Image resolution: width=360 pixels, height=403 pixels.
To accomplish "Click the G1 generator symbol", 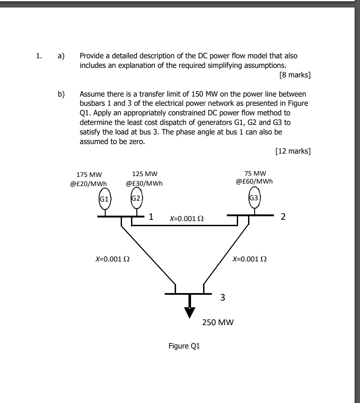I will (104, 199).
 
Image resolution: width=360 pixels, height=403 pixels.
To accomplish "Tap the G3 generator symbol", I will (254, 198).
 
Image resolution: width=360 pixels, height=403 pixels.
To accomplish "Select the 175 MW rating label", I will (89, 174).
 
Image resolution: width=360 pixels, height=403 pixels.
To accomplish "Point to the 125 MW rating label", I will (144, 174).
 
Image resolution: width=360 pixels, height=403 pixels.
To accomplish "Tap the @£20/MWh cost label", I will (89, 183).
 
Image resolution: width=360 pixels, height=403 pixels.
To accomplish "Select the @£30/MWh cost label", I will (144, 183).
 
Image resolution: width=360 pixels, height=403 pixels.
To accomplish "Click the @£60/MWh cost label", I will (255, 182).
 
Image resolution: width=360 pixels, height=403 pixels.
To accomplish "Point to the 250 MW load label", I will (218, 322).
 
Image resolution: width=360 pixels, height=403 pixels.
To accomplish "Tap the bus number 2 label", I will (283, 216).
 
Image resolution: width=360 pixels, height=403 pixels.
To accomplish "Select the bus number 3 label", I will (223, 297).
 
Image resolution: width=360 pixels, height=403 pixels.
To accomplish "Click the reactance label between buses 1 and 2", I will (187, 218).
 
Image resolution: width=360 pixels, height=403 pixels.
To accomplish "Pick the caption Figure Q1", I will (184, 346).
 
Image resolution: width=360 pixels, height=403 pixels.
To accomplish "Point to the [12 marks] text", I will (293, 151).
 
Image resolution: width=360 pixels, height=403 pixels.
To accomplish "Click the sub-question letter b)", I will (61, 94).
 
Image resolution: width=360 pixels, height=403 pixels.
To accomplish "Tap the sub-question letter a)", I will (61, 56).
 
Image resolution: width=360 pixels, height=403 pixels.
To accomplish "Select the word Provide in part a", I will (92, 56).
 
